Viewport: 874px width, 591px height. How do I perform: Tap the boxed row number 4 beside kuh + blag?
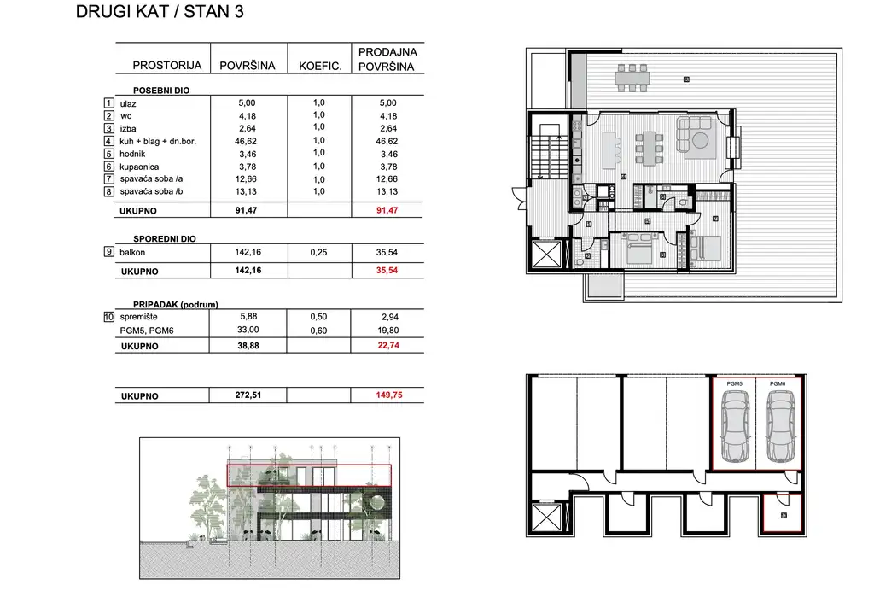[109, 141]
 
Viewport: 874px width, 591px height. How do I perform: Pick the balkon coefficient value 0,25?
[320, 252]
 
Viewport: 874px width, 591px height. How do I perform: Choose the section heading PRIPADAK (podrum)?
[176, 304]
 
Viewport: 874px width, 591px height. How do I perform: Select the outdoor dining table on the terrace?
[632, 79]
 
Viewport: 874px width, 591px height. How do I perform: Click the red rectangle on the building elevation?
[309, 475]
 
